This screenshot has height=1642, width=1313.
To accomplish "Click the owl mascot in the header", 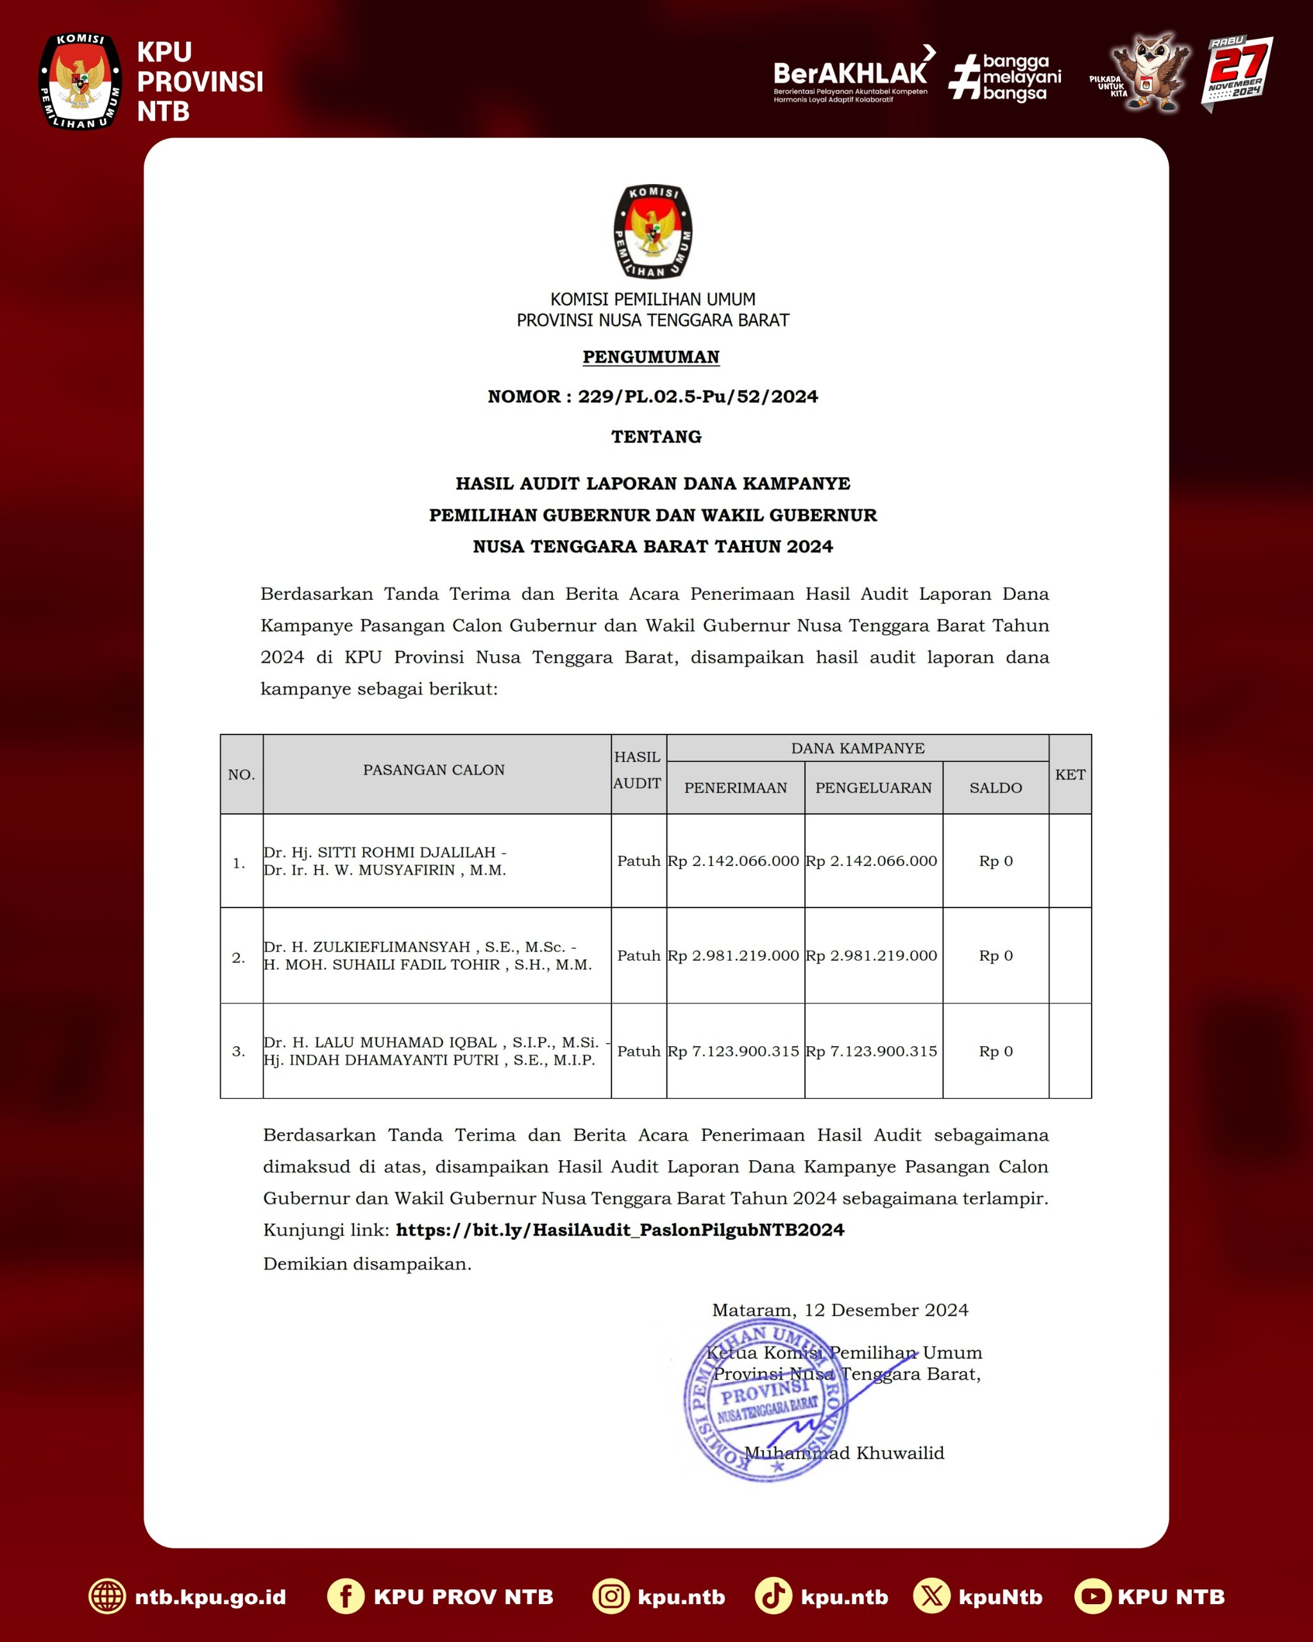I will (x=1149, y=72).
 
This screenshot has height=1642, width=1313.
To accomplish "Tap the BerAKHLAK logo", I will (x=850, y=74).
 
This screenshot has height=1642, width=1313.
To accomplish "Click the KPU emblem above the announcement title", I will (x=653, y=232).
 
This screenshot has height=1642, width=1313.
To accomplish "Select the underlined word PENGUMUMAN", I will (x=651, y=357).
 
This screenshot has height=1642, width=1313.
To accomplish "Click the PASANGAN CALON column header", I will (x=434, y=770).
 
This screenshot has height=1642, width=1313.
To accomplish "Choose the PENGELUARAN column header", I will (x=873, y=788).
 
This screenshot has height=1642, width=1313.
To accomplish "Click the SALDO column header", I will (x=995, y=788).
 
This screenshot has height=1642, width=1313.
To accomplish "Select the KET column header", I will (x=1069, y=775).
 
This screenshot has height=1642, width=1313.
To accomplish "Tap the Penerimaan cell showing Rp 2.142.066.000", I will (x=733, y=861).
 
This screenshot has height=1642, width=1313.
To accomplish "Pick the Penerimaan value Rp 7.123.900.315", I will (x=733, y=1051).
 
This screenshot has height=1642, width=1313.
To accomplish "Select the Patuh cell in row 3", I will (x=638, y=1051).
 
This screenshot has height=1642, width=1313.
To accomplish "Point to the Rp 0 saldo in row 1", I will (x=995, y=861).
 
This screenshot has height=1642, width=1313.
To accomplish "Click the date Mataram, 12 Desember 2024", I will (x=839, y=1310).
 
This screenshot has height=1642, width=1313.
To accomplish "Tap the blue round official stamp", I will (x=765, y=1401).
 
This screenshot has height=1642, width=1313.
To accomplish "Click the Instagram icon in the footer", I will (x=611, y=1596).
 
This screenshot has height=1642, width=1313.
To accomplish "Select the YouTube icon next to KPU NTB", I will (x=1092, y=1596).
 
